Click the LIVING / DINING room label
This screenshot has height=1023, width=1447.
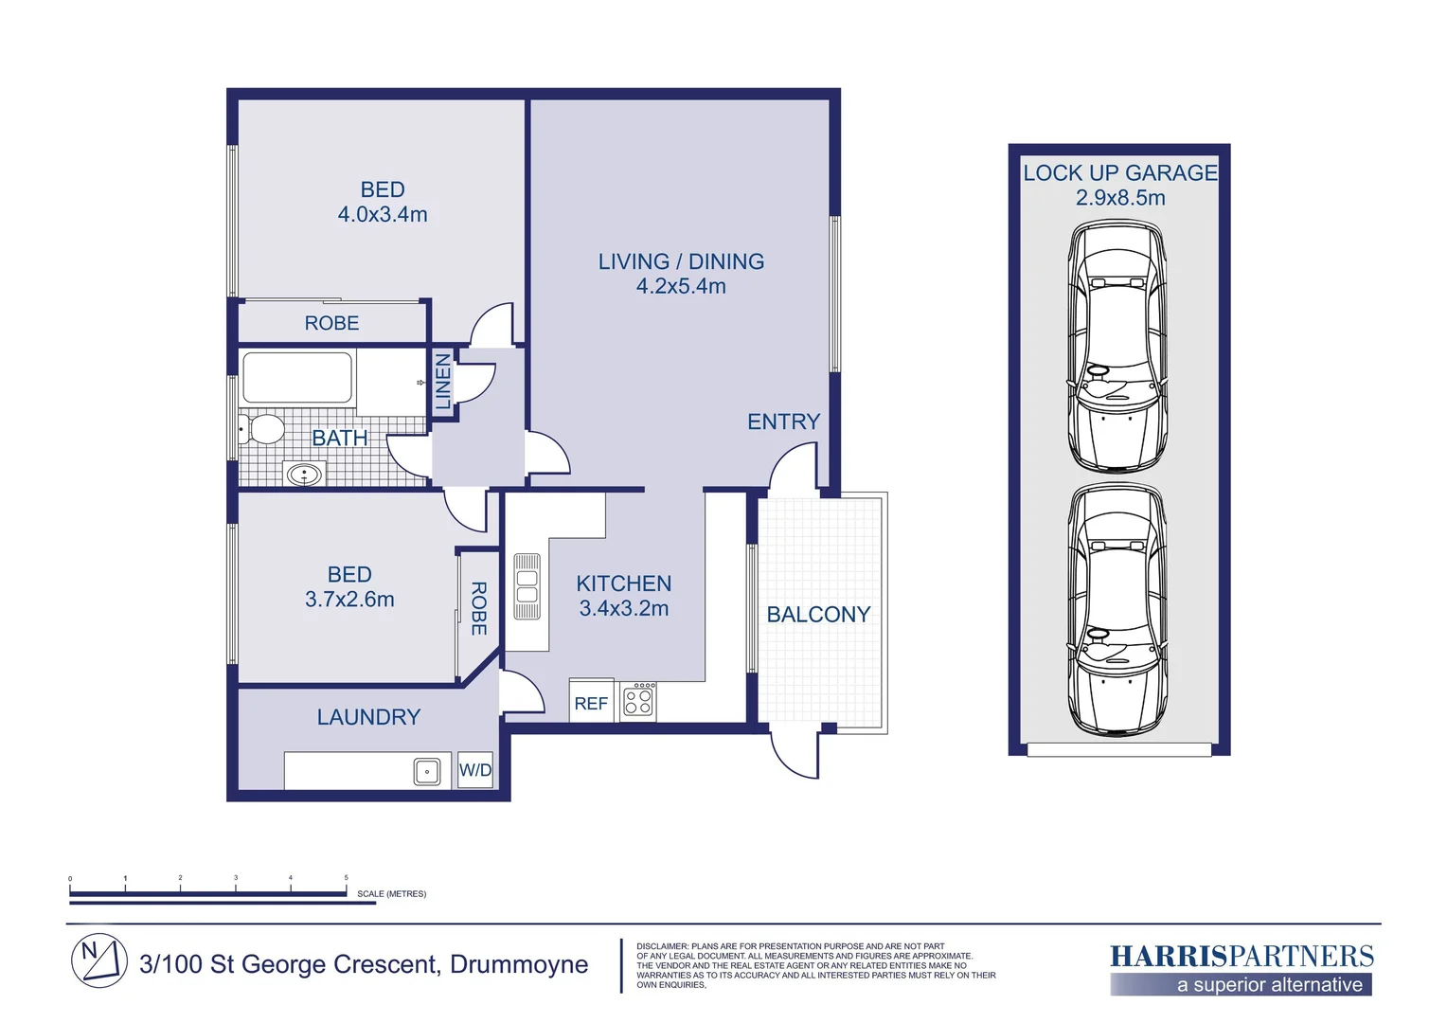point(681,261)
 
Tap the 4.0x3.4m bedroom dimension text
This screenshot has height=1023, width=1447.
point(383,214)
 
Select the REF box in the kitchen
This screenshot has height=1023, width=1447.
point(591,700)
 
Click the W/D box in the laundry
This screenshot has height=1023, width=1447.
point(475,769)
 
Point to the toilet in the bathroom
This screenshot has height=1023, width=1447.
point(261,429)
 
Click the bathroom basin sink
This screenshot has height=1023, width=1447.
point(304,475)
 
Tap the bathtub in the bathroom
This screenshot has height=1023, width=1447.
point(297,377)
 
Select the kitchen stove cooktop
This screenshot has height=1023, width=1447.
point(638,701)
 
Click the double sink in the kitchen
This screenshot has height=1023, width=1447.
point(527,586)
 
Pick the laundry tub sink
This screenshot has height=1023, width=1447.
point(427,772)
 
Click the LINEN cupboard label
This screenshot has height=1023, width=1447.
point(443,382)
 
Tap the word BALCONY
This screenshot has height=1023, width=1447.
point(818,614)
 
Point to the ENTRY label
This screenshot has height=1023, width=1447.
point(783,422)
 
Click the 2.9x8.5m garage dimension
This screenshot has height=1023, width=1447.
point(1120,198)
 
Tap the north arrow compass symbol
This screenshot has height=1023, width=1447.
point(98,960)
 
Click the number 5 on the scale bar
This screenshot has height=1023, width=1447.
point(347,877)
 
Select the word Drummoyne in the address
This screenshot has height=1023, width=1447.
point(519,964)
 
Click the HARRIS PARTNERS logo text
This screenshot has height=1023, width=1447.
point(1242,957)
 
